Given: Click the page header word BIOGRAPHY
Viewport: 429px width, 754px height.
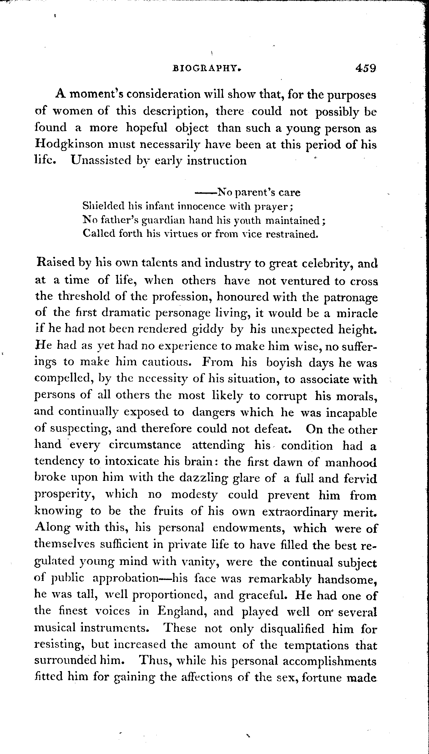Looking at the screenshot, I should pos(207,69).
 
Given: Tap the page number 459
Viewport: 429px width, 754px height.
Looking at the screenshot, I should pos(365,68).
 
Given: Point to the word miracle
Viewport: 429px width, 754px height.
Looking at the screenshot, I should pos(357,313).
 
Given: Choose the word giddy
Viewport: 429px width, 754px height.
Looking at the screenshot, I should pos(208,329).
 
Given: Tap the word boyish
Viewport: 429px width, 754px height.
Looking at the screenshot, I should pos(284,362).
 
